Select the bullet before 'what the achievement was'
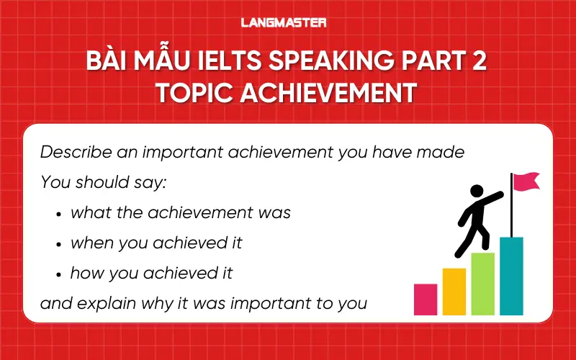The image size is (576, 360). click(58, 214)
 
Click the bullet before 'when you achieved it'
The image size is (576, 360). click(58, 243)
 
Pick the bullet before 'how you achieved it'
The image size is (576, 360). click(58, 274)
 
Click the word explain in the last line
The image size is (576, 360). click(102, 303)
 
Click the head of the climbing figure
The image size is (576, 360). click(477, 192)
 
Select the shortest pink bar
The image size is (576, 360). click(426, 299)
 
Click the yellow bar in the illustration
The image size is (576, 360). click(454, 291)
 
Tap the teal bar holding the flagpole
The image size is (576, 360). click(511, 276)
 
